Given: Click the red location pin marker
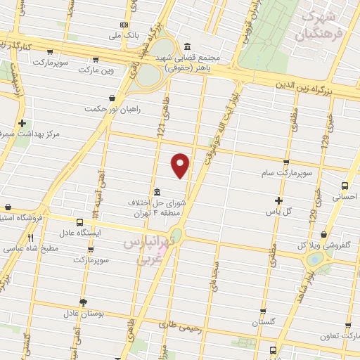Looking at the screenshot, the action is tap(181, 165).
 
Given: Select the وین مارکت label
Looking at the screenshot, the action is tap(96, 70).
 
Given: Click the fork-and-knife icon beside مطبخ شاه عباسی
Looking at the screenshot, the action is tap(30, 238).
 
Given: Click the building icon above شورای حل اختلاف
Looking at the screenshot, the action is tap(155, 191).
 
